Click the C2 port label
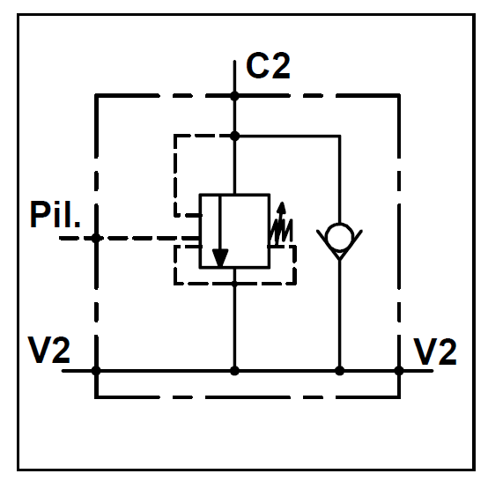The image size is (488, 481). tap(268, 66)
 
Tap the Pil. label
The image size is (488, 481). tap(55, 214)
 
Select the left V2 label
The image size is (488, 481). tap(48, 350)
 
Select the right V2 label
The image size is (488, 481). tap(435, 351)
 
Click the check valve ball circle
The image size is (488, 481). tap(339, 237)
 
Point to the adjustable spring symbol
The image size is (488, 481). tap(281, 226)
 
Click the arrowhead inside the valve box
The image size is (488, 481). tap(220, 257)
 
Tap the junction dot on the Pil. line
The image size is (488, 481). tap(96, 238)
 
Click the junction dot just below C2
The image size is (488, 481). tap(234, 96)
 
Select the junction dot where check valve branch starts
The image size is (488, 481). tap(234, 136)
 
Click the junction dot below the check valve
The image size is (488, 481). tap(339, 371)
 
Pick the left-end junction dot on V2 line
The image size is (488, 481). tap(96, 371)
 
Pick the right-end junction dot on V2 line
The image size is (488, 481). tap(399, 371)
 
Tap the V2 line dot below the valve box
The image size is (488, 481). tap(234, 371)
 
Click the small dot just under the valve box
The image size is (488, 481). tap(234, 284)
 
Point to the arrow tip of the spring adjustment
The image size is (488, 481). tap(282, 203)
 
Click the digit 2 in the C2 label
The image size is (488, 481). tap(280, 66)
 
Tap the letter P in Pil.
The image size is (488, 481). tap(39, 214)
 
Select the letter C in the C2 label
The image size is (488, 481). tap(257, 66)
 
